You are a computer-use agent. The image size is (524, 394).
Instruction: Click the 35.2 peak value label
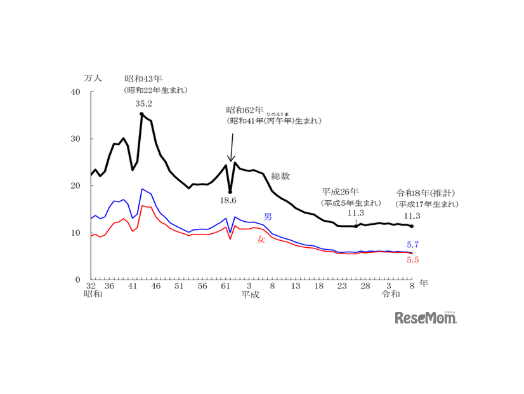click(x=144, y=104)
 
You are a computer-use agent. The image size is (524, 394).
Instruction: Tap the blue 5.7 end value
click(x=412, y=245)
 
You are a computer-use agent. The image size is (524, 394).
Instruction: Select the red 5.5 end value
click(x=412, y=260)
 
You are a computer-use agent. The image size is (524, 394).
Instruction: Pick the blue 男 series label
click(x=268, y=217)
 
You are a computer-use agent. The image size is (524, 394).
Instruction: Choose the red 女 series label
click(x=261, y=240)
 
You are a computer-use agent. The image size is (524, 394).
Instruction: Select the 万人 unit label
click(x=93, y=78)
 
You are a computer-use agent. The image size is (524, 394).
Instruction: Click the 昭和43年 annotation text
click(x=144, y=79)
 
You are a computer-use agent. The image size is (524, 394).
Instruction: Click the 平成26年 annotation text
click(x=341, y=191)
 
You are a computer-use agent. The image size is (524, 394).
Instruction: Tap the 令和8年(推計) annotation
click(x=426, y=193)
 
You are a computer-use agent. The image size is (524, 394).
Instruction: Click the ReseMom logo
click(x=426, y=318)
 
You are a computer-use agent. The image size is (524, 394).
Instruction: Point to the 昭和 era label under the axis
click(x=93, y=295)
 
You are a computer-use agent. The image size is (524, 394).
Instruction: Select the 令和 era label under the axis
click(x=391, y=295)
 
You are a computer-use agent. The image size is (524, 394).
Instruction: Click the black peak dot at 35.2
click(x=141, y=114)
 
